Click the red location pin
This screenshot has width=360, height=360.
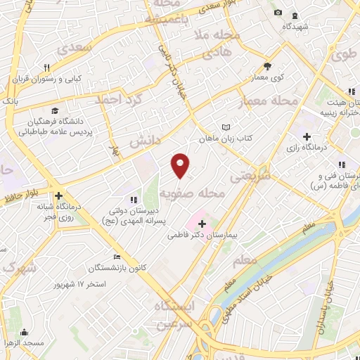tap(181, 165)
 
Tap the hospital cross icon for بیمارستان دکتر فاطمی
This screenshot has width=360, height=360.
tap(202, 224)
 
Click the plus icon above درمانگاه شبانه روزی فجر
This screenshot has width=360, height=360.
tap(59, 196)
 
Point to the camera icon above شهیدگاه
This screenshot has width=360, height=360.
tap(278, 13)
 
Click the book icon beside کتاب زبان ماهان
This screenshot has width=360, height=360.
tap(226, 127)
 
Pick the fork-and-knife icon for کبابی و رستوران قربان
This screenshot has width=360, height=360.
tap(46, 67)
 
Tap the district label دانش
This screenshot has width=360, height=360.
tap(144, 139)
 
